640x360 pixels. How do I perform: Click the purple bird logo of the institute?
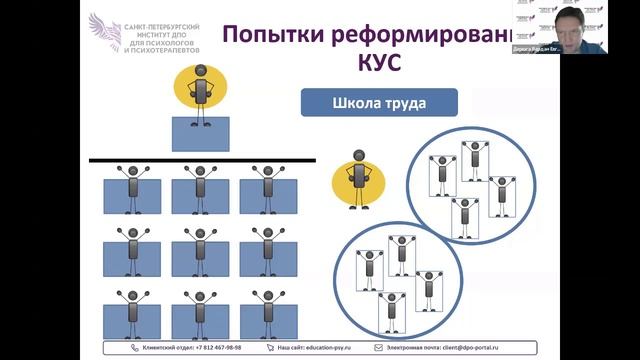click(104, 32)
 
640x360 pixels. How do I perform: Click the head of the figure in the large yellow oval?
click(201, 71)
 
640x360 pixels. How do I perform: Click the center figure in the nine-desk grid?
click(200, 250)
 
